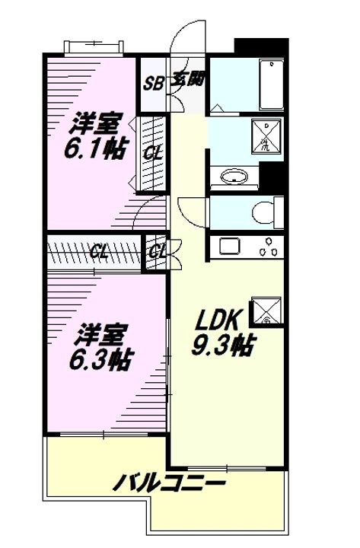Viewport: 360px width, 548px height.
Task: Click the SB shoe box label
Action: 154,83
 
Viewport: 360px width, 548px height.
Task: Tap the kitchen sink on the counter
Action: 228,246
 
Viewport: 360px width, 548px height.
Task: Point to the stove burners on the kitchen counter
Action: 266,246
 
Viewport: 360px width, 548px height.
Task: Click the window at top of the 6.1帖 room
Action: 93,46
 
